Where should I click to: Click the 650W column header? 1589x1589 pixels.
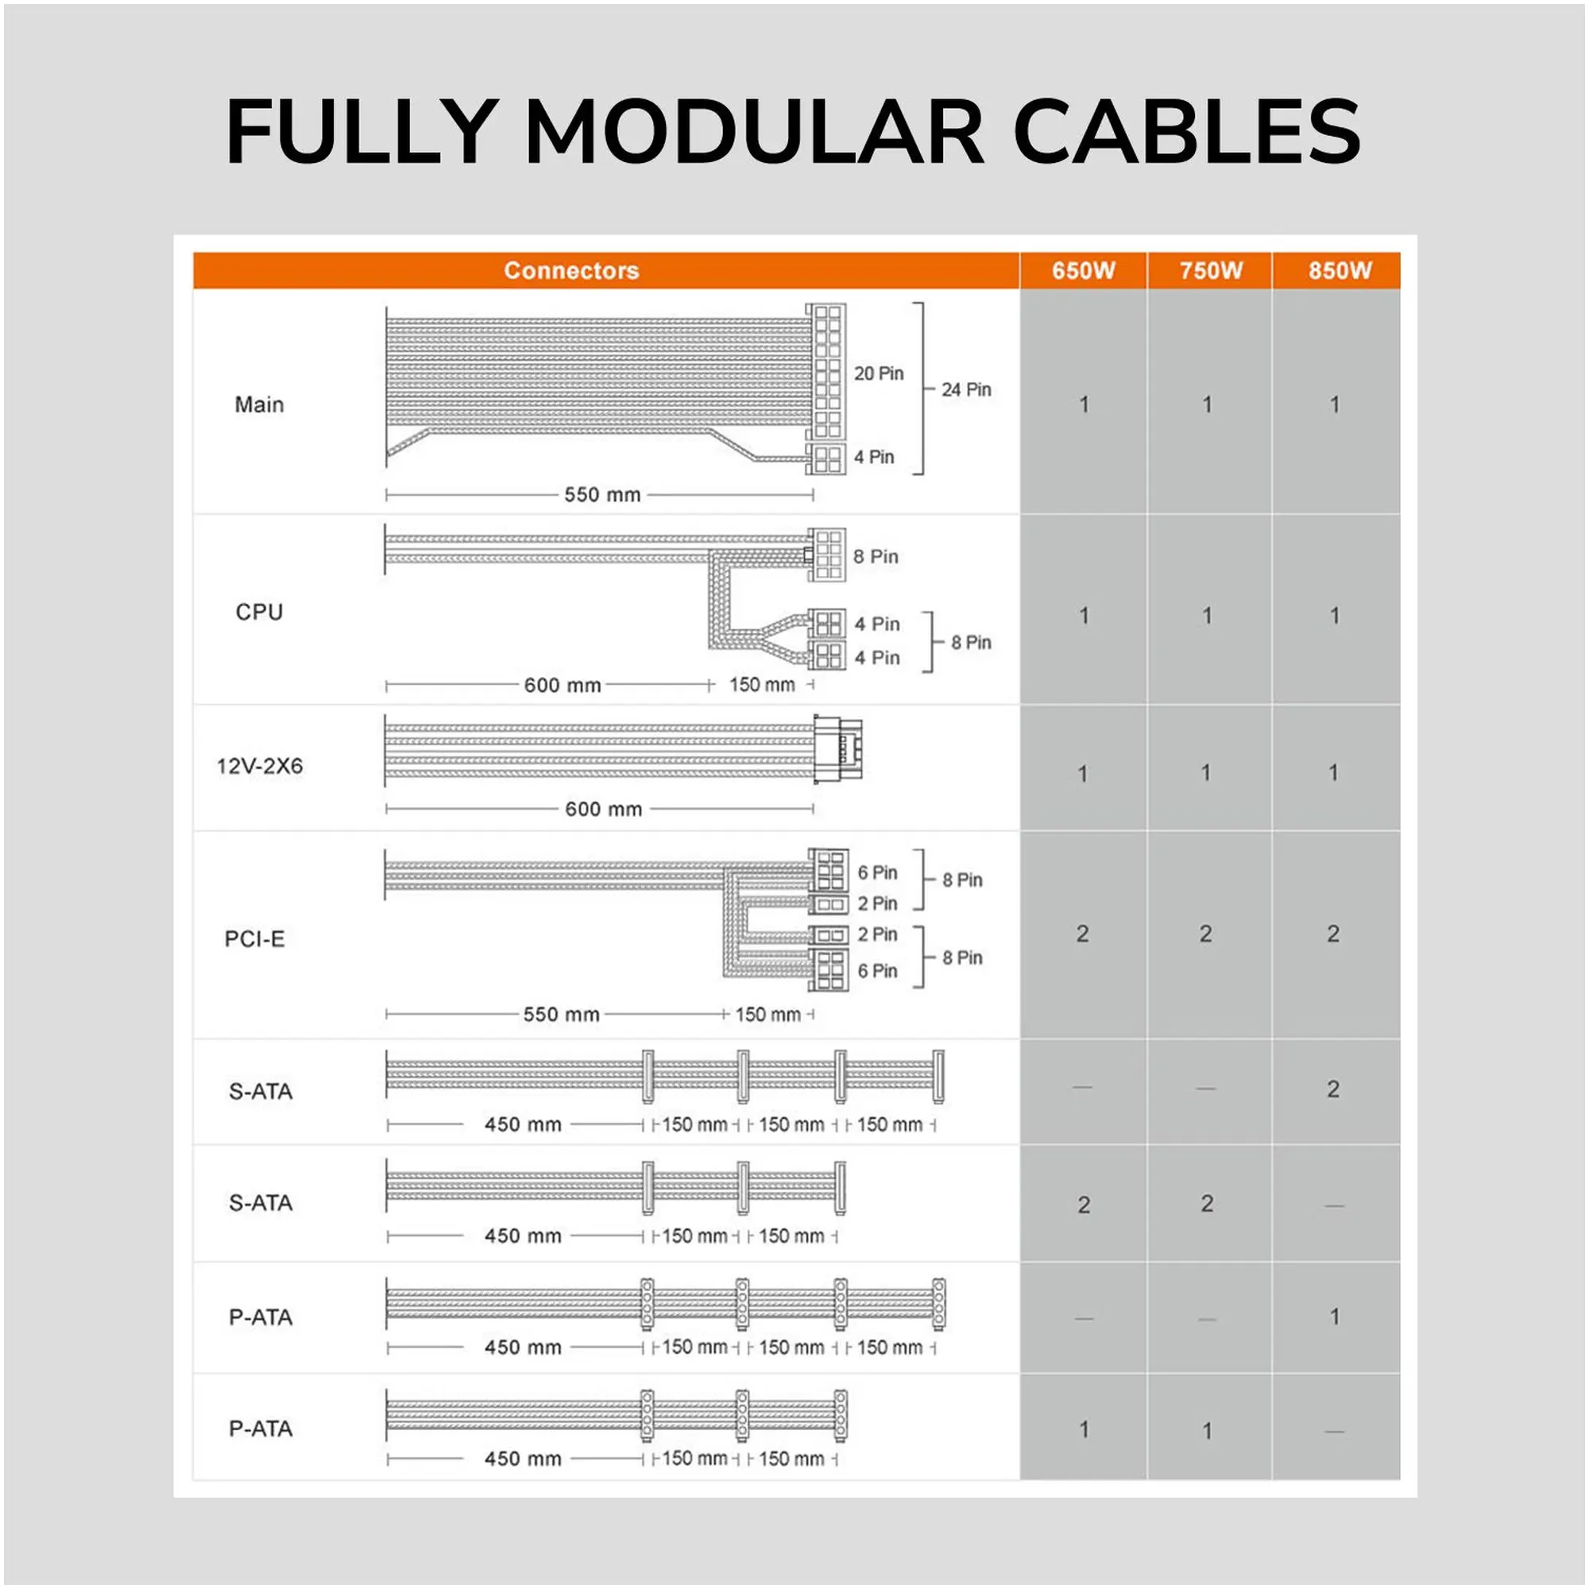[x=1083, y=271]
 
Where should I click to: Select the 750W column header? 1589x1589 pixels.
[x=1211, y=271]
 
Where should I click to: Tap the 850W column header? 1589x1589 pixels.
[x=1340, y=271]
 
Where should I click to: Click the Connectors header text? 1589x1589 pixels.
[x=571, y=271]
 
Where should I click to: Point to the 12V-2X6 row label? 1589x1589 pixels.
[x=260, y=766]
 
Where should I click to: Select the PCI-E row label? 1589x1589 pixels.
[x=255, y=938]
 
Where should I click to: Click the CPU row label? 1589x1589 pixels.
[x=259, y=612]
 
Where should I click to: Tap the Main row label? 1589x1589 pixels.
[x=259, y=404]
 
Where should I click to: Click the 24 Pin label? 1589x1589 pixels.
[x=966, y=389]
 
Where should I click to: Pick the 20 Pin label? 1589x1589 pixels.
[x=879, y=373]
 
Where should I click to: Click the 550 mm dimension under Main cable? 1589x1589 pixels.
[x=602, y=494]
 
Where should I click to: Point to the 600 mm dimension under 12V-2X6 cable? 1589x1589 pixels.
[x=603, y=810]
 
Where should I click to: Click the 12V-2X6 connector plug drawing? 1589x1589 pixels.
[x=838, y=748]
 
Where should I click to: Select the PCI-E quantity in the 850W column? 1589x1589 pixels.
[x=1333, y=934]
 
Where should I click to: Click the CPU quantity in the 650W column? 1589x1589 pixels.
[x=1084, y=615]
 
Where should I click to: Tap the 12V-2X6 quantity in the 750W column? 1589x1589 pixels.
[x=1206, y=772]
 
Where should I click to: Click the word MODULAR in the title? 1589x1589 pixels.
[x=754, y=132]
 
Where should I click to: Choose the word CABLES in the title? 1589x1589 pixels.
[x=1187, y=132]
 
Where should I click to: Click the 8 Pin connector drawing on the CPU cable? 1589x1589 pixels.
[x=825, y=555]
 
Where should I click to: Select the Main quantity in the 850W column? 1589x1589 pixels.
[x=1334, y=404]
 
